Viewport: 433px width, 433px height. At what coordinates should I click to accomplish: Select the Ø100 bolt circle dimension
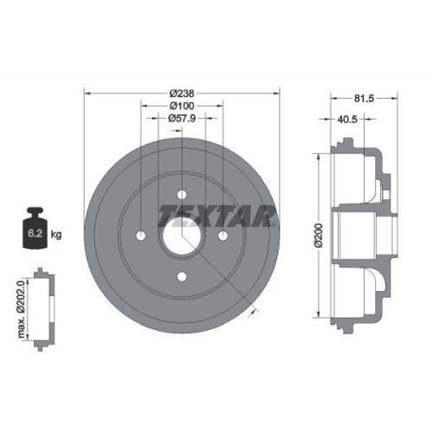183,106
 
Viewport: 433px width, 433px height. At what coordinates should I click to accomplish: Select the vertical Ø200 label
318,234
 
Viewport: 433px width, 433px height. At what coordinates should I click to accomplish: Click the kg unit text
56,234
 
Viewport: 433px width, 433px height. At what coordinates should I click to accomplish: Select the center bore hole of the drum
183,235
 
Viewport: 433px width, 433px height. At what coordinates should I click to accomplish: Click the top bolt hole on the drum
183,194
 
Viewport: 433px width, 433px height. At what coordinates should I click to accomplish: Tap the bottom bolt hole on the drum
183,276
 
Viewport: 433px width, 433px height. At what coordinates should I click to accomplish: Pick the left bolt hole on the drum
142,235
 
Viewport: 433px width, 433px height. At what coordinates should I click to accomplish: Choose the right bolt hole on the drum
223,235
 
